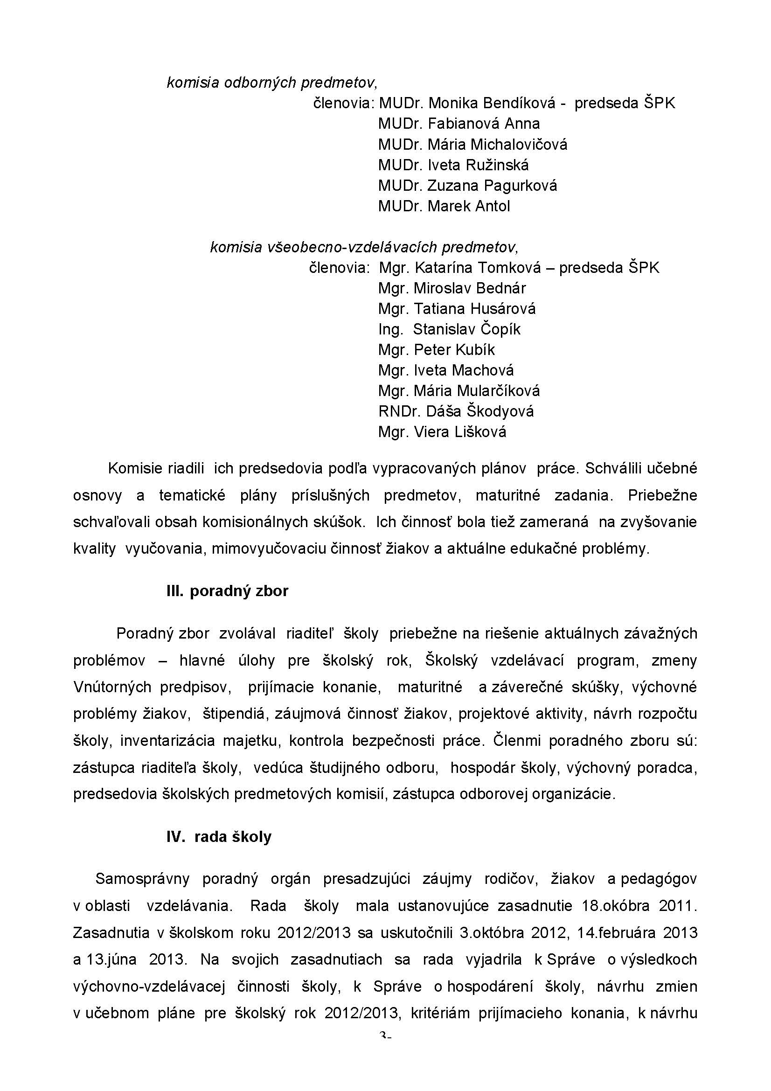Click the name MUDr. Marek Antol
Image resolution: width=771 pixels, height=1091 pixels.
(444, 206)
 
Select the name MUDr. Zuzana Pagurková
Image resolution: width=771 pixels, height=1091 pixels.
(467, 185)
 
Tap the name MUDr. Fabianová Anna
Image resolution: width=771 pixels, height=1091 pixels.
(459, 124)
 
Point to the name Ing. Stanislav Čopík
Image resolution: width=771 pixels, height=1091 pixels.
(449, 329)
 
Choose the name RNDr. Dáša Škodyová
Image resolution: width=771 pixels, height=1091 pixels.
(456, 411)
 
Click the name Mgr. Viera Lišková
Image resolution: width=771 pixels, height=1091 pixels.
(442, 432)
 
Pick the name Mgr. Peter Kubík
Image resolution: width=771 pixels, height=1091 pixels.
(436, 350)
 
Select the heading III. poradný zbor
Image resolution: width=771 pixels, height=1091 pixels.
(227, 591)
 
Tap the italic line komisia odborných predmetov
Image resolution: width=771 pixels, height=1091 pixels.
(272, 83)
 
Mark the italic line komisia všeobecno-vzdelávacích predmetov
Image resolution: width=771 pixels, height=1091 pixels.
(364, 247)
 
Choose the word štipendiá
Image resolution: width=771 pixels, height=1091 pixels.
(230, 714)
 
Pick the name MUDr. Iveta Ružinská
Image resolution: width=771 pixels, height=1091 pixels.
(453, 165)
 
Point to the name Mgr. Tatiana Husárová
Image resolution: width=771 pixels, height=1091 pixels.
(457, 309)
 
